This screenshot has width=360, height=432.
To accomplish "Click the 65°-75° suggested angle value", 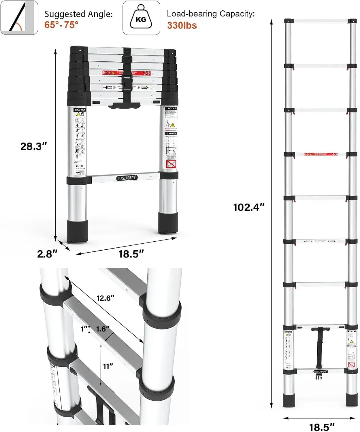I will [x=61, y=25].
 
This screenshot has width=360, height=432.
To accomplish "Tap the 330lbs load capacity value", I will [x=182, y=25].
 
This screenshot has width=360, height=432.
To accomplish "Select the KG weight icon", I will [x=141, y=18].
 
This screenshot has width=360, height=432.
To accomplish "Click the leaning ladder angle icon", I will [x=19, y=18].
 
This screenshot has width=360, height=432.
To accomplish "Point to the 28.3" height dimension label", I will [x=33, y=146].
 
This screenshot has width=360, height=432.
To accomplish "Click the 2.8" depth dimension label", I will [x=47, y=254].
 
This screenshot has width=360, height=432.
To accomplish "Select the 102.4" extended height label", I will [x=248, y=207].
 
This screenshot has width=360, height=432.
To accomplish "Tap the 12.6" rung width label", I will [x=105, y=298].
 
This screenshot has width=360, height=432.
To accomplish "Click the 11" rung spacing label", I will [x=108, y=366].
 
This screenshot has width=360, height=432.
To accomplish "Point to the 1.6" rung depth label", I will [x=103, y=329].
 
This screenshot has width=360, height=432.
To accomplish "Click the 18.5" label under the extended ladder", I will [x=322, y=427].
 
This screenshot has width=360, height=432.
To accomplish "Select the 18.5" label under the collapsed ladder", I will [x=131, y=254].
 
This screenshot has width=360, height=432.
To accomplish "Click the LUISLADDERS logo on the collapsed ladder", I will [x=126, y=178].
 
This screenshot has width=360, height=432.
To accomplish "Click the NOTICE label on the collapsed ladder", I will [x=172, y=109].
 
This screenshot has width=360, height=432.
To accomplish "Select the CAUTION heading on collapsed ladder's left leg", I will [x=80, y=110].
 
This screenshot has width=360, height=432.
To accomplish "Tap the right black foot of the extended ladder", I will [x=351, y=400].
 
